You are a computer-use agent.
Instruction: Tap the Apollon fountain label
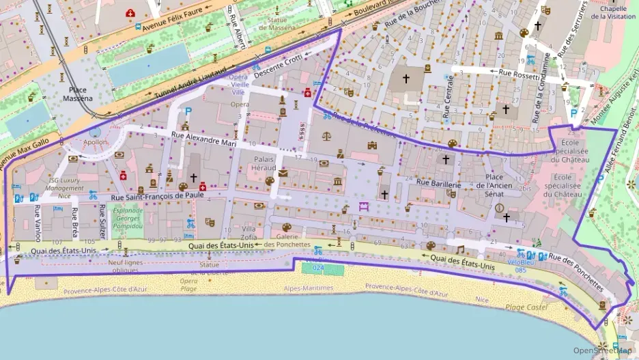[96, 142]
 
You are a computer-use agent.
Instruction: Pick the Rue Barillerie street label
[439, 184]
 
